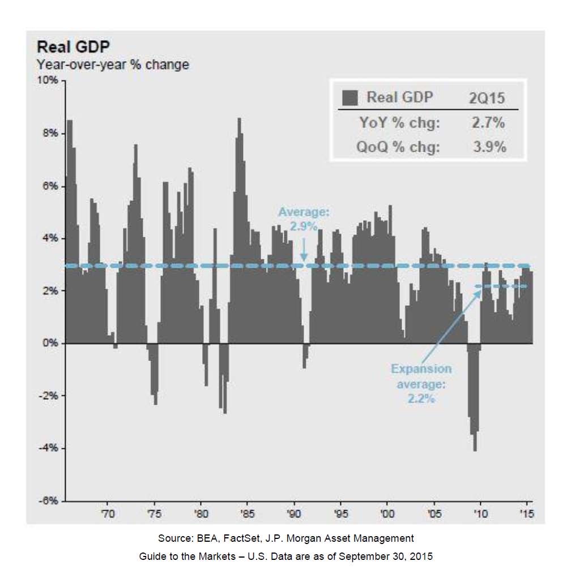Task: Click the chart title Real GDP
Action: pyautogui.click(x=73, y=48)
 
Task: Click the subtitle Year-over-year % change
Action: pyautogui.click(x=113, y=65)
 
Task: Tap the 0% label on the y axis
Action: pyautogui.click(x=50, y=343)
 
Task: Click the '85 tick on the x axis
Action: pyautogui.click(x=247, y=514)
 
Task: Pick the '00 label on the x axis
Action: pyautogui.click(x=387, y=514)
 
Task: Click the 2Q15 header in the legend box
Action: pyautogui.click(x=487, y=97)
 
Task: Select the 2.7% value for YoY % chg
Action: pyautogui.click(x=488, y=122)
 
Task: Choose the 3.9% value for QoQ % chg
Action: pyautogui.click(x=488, y=147)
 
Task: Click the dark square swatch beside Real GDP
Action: pyautogui.click(x=350, y=97)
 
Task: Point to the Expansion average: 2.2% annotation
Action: pyautogui.click(x=421, y=383)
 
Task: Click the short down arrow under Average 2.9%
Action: pyautogui.click(x=304, y=249)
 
